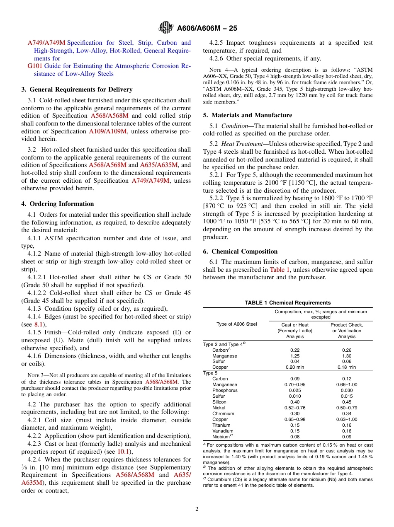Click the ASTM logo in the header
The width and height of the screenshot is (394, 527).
[x=166, y=28]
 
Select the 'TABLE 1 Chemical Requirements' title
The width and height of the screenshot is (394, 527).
[x=287, y=303]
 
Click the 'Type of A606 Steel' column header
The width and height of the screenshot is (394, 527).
[x=237, y=324]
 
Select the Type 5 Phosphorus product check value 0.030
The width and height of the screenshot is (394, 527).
[x=347, y=390]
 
